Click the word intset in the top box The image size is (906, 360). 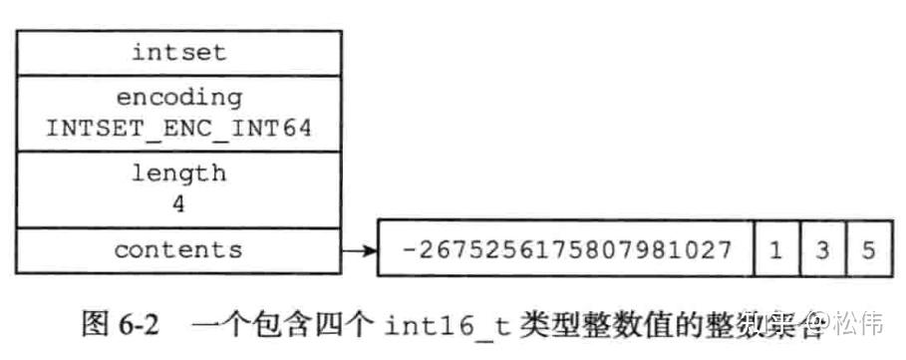[178, 52]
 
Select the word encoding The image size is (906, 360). [178, 98]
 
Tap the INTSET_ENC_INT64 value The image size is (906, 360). [178, 128]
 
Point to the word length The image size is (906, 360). [178, 173]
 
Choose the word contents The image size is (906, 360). [178, 249]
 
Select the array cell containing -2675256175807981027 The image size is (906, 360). [565, 249]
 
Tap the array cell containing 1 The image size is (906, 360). [776, 249]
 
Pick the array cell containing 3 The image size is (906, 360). [822, 249]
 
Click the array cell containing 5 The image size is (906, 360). [867, 249]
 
